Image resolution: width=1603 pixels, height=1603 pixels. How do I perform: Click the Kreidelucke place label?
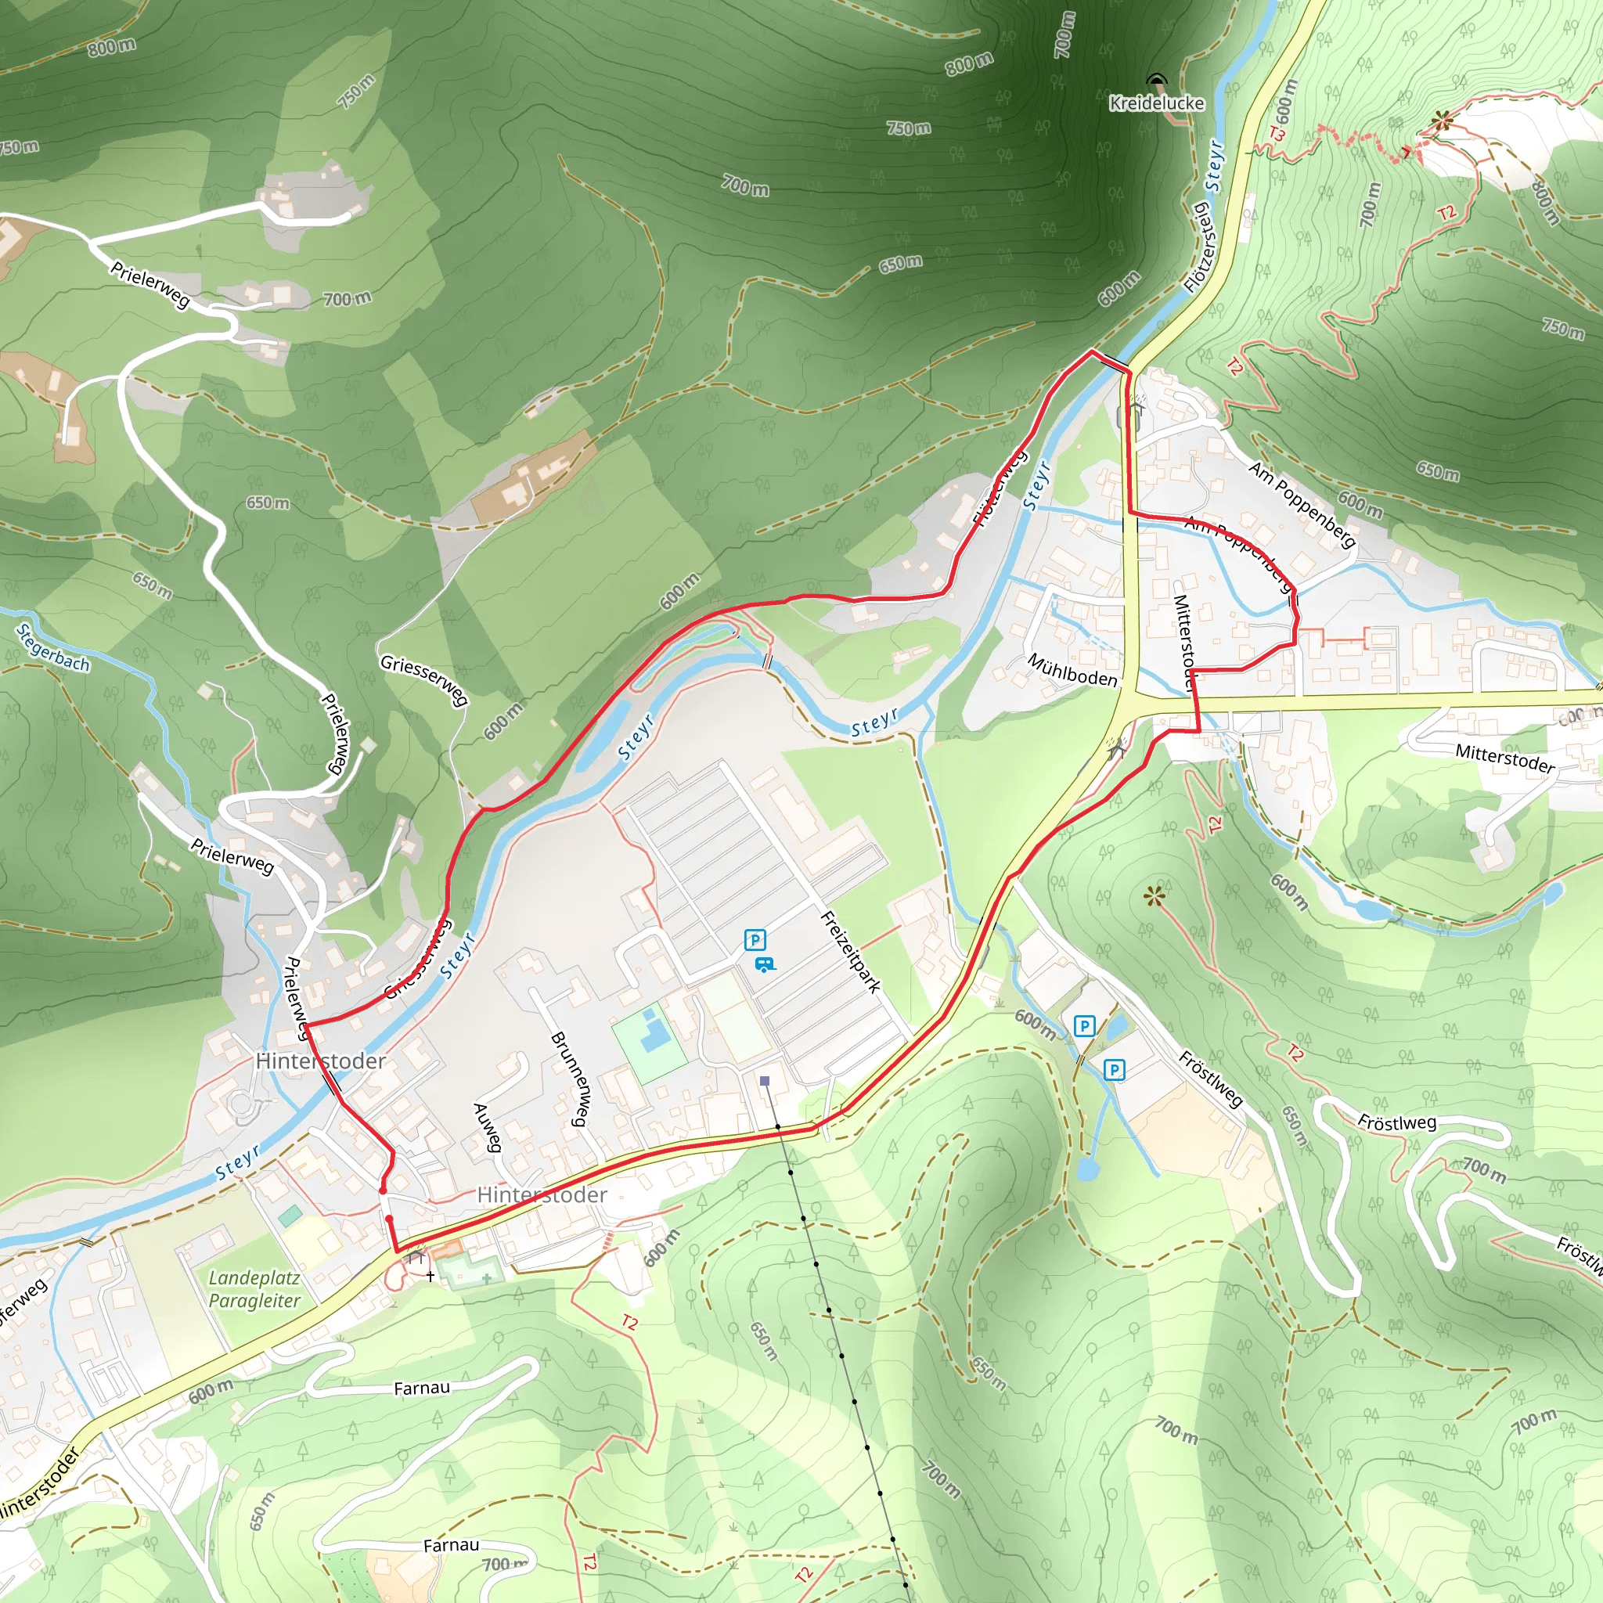1157,103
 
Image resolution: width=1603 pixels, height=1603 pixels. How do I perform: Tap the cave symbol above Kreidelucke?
1157,81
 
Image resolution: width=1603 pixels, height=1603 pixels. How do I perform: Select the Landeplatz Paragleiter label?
254,1289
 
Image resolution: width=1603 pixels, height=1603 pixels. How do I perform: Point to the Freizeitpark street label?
849,952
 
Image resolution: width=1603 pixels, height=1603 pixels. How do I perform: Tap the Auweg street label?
487,1127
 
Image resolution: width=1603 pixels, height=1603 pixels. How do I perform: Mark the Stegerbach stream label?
53,648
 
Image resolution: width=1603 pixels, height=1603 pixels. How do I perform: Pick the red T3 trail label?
1277,134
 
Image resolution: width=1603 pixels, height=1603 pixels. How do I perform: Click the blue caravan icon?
764,964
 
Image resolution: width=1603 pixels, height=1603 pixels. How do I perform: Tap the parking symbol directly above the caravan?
755,940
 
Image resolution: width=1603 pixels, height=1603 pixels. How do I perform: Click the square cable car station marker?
765,1081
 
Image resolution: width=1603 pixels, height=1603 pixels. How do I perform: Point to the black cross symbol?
430,1276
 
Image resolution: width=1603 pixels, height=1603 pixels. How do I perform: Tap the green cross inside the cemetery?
486,1279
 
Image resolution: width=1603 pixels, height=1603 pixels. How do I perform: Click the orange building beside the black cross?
446,1249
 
